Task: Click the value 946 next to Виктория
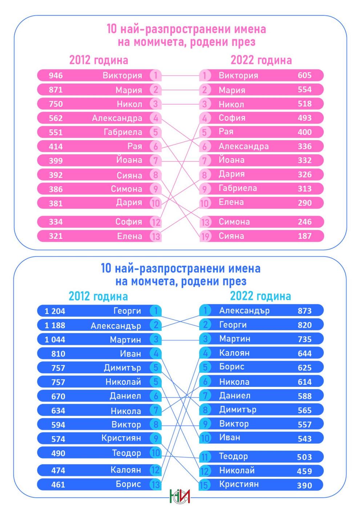pyautogui.click(x=56, y=76)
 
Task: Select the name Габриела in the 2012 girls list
pyautogui.click(x=123, y=132)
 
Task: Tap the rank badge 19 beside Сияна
pyautogui.click(x=205, y=237)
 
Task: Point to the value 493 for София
pyautogui.click(x=304, y=118)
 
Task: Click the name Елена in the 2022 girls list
pyautogui.click(x=231, y=202)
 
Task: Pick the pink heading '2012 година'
pyautogui.click(x=98, y=60)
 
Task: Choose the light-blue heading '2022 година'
pyautogui.click(x=260, y=296)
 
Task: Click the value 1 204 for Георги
pyautogui.click(x=55, y=311)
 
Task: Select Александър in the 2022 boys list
pyautogui.click(x=244, y=310)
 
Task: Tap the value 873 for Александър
pyautogui.click(x=304, y=311)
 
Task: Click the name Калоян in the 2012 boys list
pyautogui.click(x=126, y=470)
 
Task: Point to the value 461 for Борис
pyautogui.click(x=58, y=485)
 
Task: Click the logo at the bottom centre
pyautogui.click(x=180, y=496)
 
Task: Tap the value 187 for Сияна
pyautogui.click(x=304, y=236)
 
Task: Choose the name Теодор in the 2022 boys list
pyautogui.click(x=233, y=456)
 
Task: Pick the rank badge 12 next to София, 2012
pyautogui.click(x=155, y=222)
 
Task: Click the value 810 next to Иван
pyautogui.click(x=58, y=354)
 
